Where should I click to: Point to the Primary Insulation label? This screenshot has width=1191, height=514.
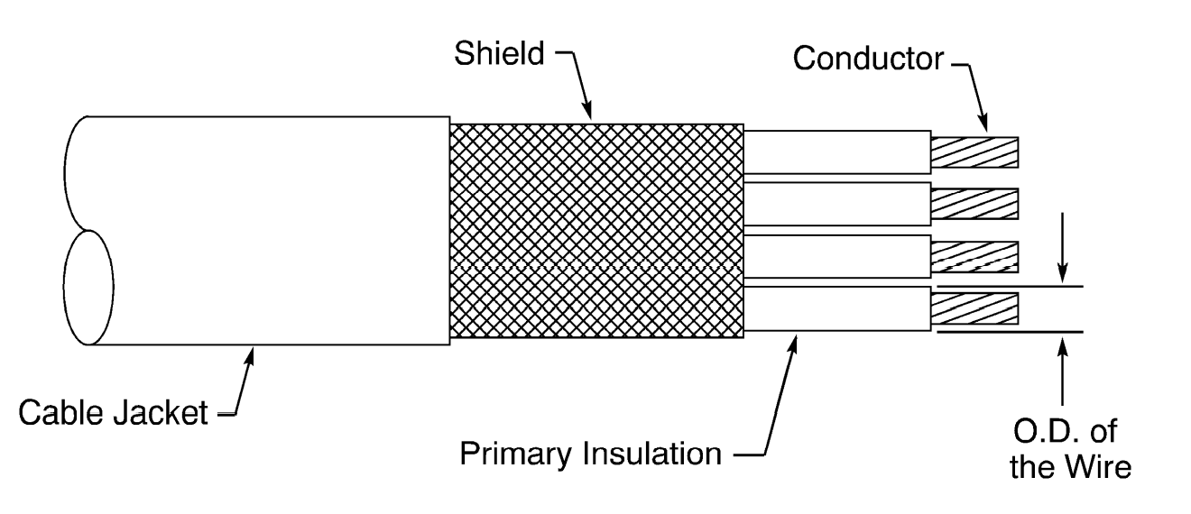click(591, 454)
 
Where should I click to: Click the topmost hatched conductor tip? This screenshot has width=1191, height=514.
click(974, 152)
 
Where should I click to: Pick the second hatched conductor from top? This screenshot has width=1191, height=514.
click(974, 204)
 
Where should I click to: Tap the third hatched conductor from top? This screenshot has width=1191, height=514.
click(974, 256)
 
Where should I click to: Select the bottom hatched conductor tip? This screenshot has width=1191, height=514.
click(974, 308)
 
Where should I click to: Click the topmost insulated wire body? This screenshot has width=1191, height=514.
click(837, 151)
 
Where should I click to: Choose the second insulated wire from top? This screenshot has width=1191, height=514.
click(837, 204)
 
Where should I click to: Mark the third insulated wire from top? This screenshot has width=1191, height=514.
click(837, 256)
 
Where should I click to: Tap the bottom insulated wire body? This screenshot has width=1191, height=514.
click(837, 308)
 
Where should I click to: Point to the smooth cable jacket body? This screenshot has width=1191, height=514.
click(271, 230)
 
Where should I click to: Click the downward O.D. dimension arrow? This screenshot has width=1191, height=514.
click(1066, 275)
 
